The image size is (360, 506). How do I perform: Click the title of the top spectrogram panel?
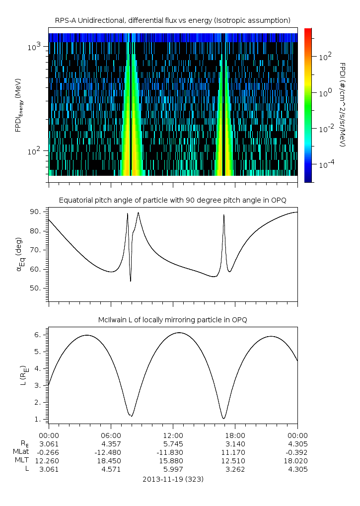point(172,20)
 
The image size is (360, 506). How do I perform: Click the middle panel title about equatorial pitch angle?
point(172,200)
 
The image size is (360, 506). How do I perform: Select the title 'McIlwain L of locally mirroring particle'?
point(172,320)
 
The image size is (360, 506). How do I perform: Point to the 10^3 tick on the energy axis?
point(37,47)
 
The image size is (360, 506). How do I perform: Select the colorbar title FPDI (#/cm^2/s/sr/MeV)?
point(343,104)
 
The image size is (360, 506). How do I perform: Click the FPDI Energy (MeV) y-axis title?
point(18,104)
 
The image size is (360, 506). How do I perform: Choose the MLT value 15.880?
point(172,461)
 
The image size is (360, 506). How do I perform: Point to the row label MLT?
point(21,461)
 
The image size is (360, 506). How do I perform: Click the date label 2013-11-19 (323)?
point(172,479)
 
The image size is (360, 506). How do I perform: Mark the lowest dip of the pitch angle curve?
point(131,281)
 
